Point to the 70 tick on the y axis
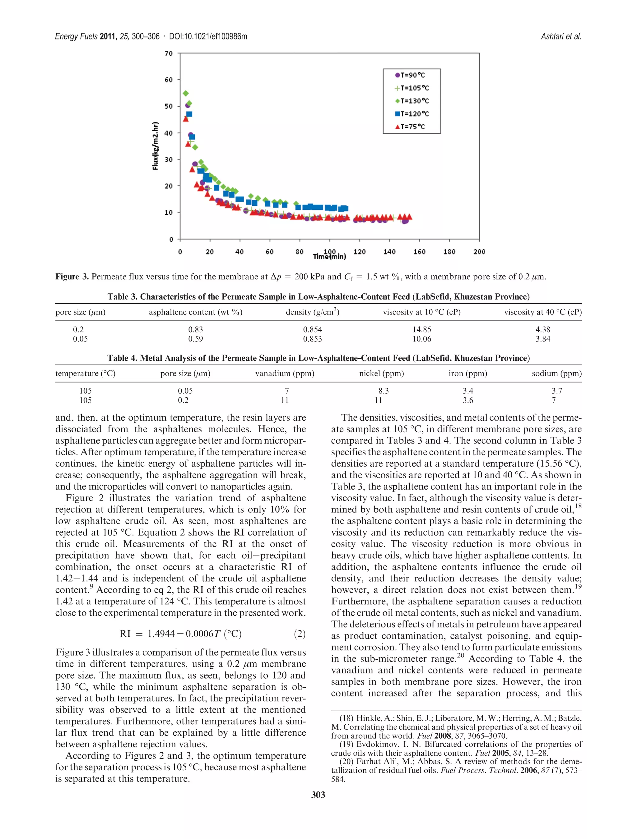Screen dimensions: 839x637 (x=169, y=53)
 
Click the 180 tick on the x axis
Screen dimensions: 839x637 (x=449, y=252)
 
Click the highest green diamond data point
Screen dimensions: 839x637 (x=186, y=93)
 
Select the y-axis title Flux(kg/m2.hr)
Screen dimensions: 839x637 (x=155, y=146)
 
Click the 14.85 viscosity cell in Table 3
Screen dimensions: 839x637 (x=422, y=330)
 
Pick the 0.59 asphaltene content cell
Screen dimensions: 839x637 (x=196, y=339)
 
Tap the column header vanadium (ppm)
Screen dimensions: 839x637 (x=285, y=374)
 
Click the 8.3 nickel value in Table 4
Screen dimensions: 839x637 (x=384, y=391)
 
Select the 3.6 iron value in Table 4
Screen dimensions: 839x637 (x=468, y=400)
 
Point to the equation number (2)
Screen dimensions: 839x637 (x=300, y=634)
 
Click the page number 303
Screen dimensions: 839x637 (x=318, y=795)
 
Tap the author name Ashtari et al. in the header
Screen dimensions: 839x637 (x=561, y=36)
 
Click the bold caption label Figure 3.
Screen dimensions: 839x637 (x=72, y=277)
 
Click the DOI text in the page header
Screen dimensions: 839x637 (x=208, y=36)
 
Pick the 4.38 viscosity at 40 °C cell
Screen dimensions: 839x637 (x=543, y=330)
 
